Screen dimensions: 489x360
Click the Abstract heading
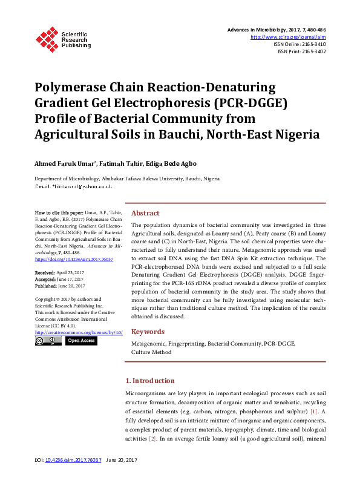(x=145, y=213)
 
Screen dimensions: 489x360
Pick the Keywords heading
(x=148, y=332)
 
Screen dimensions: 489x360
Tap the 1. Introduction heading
(x=149, y=381)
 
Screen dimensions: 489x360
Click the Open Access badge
(x=80, y=341)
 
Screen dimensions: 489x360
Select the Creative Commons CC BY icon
(x=48, y=341)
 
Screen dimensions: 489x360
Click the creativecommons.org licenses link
(x=79, y=332)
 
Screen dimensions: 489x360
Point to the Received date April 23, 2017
(x=72, y=274)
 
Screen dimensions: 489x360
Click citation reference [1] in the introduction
(x=314, y=412)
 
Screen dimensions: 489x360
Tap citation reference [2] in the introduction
(x=153, y=438)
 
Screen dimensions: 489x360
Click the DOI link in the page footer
(x=73, y=461)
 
